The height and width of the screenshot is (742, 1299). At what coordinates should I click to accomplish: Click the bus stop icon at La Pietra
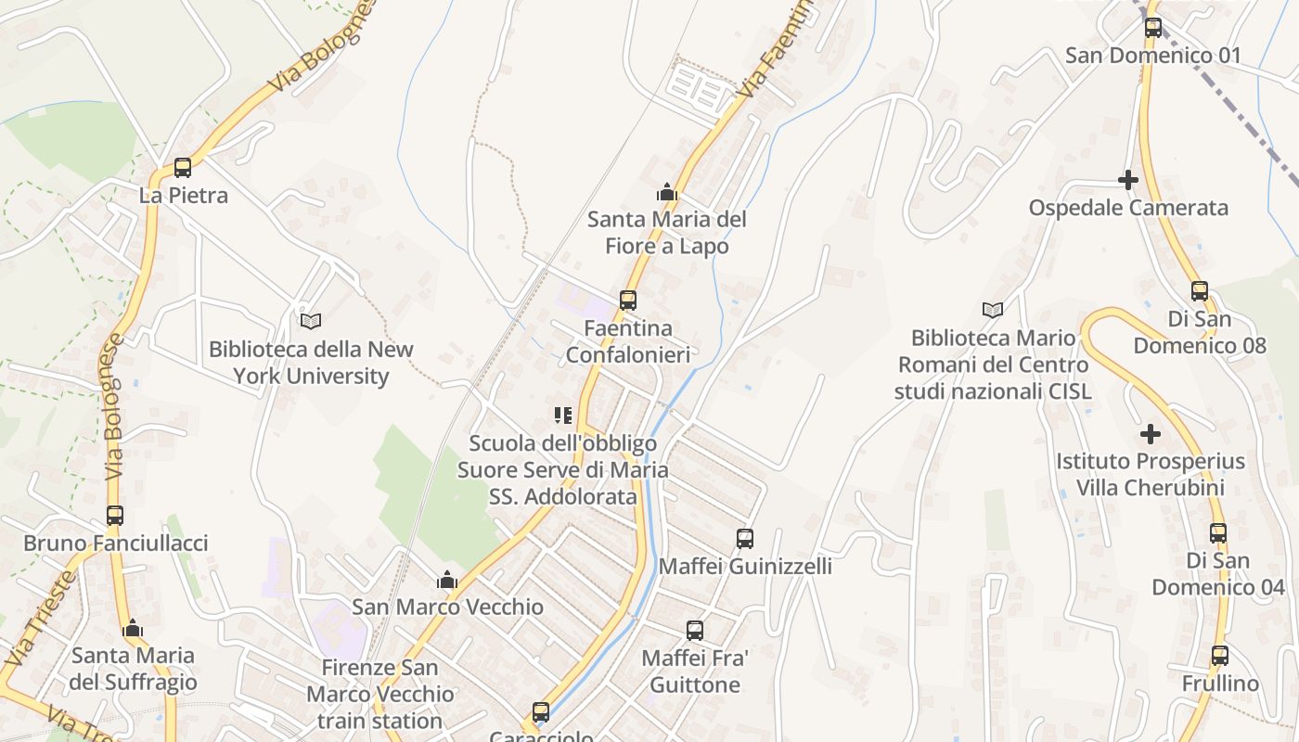tap(183, 168)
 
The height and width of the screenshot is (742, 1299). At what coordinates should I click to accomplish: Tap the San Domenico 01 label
tap(1152, 55)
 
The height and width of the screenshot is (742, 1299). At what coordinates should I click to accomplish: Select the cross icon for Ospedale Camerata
tap(1128, 180)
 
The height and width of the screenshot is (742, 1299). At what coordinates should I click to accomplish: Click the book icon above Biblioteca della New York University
tap(311, 321)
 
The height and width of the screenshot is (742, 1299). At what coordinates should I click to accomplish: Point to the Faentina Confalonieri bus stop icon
tap(628, 301)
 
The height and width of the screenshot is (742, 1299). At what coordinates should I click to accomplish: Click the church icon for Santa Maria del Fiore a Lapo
tap(666, 193)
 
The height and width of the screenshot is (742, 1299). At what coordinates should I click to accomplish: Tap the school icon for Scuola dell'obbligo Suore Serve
tap(563, 415)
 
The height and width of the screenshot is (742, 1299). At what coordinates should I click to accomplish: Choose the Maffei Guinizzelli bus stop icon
tap(745, 539)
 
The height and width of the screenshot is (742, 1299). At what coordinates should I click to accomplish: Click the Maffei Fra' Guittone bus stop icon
tap(695, 631)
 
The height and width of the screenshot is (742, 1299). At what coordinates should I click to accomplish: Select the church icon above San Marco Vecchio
tap(447, 581)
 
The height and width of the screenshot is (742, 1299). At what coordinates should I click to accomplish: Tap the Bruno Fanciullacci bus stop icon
tap(115, 516)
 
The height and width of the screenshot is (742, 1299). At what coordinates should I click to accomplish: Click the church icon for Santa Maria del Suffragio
tap(134, 629)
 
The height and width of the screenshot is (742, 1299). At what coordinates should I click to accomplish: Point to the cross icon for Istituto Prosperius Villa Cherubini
tap(1151, 433)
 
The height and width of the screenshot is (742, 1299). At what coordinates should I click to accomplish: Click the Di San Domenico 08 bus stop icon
tap(1200, 291)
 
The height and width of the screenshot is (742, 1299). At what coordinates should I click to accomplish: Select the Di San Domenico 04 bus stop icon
tap(1218, 533)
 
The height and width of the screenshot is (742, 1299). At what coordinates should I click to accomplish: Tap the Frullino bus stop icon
tap(1220, 656)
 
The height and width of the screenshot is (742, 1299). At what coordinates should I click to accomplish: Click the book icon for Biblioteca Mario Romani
tap(993, 310)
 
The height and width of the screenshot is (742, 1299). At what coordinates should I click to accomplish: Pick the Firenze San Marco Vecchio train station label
tap(380, 694)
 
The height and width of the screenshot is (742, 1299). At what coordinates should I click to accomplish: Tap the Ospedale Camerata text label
tap(1128, 207)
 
